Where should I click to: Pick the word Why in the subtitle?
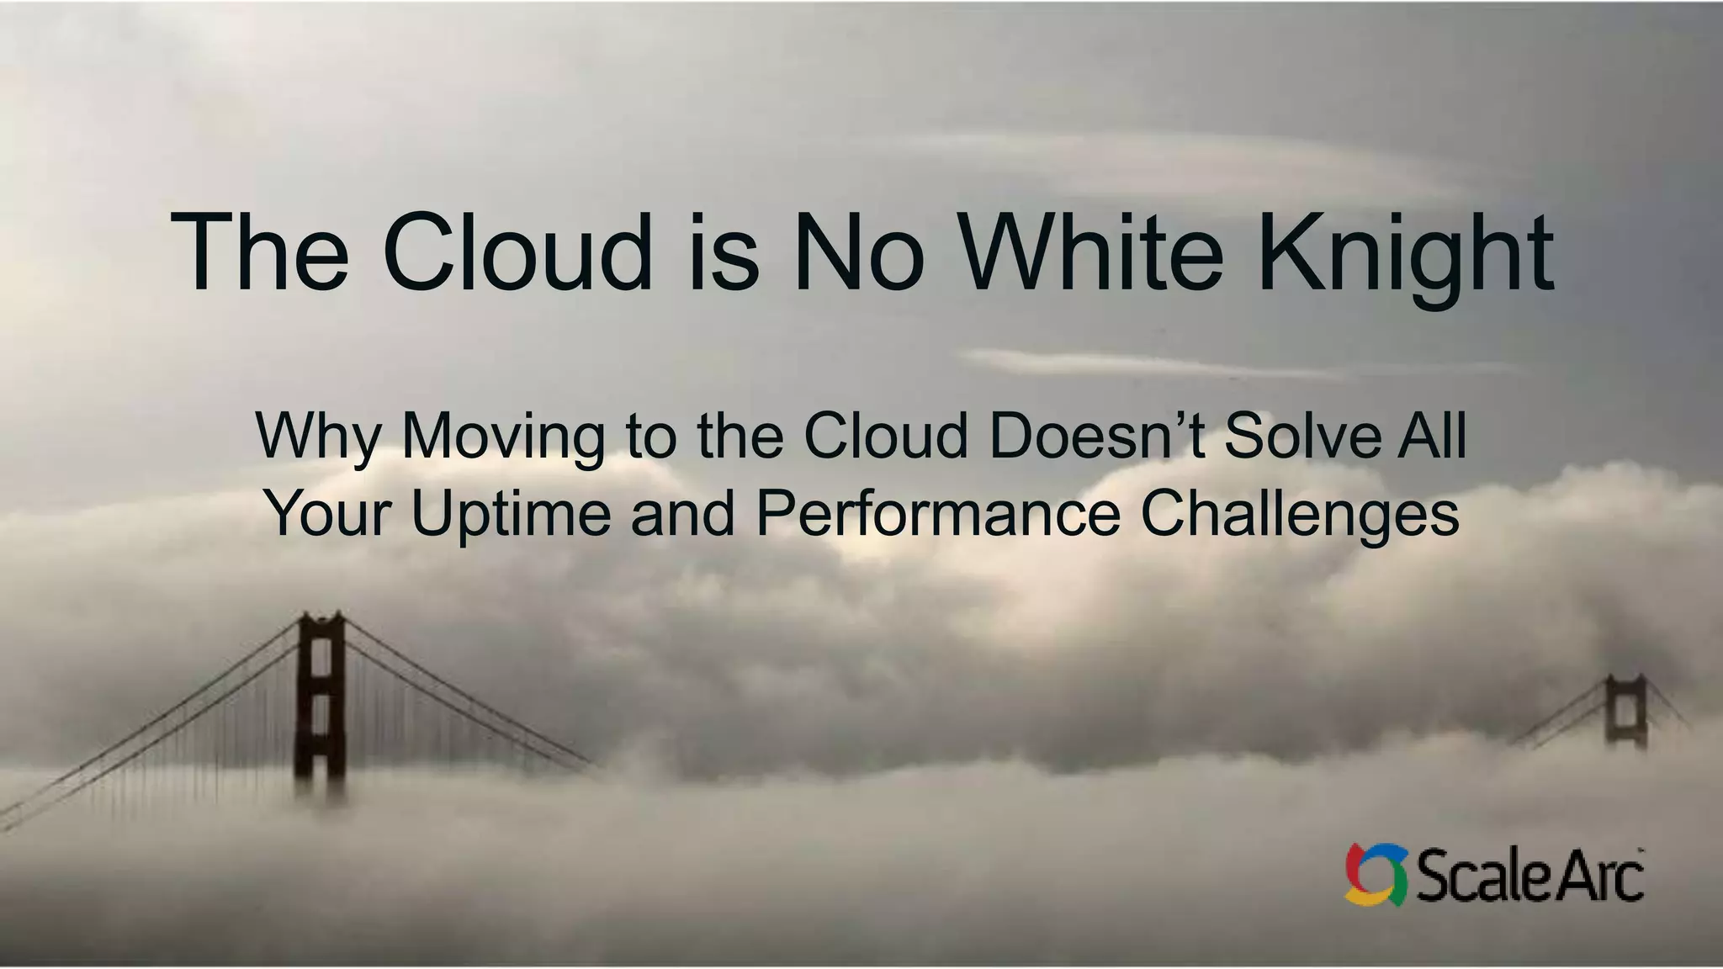tap(318, 437)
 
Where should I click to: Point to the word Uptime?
tap(511, 515)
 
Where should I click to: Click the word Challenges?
tap(1300, 515)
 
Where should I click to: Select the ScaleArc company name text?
tap(1529, 876)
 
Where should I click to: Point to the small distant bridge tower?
tap(1625, 711)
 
